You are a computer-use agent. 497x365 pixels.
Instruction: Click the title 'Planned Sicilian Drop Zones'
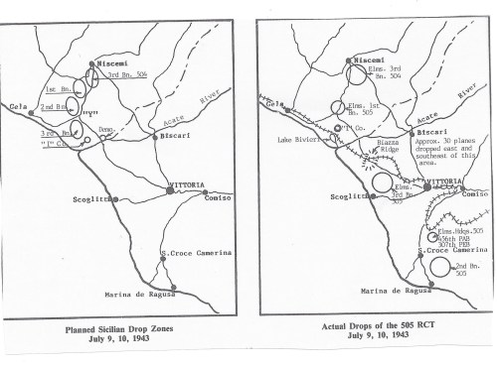[x=134, y=324]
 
